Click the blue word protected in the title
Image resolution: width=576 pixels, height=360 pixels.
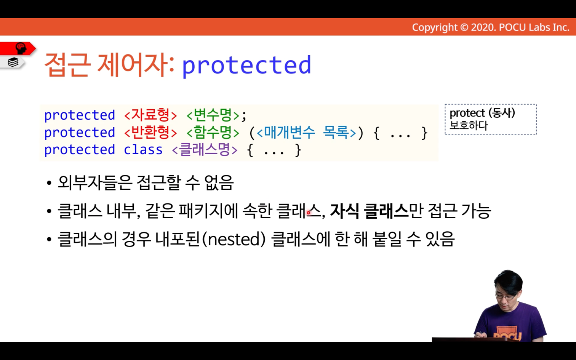pos(246,66)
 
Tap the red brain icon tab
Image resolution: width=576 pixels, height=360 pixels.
pos(18,48)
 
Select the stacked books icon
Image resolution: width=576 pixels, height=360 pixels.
pos(13,62)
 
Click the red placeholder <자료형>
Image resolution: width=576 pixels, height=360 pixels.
pos(150,115)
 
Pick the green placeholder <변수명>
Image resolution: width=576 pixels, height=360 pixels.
pos(213,115)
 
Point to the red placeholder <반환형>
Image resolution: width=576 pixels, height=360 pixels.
pos(150,133)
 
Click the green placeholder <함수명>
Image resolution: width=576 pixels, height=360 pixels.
pos(213,133)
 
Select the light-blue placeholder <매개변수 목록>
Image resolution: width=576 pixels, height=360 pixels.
pos(306,133)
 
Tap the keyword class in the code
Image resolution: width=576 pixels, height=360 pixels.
pos(143,150)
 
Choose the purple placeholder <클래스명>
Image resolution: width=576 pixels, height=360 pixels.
pos(205,150)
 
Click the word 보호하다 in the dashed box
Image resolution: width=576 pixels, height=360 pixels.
pos(469,125)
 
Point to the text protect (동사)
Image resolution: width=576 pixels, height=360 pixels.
pos(482,113)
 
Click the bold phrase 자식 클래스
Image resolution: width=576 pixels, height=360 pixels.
pos(369,211)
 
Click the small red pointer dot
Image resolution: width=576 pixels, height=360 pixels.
pos(308,213)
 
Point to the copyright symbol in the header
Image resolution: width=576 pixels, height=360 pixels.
pos(464,27)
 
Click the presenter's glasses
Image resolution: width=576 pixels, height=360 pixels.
pos(506,296)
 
